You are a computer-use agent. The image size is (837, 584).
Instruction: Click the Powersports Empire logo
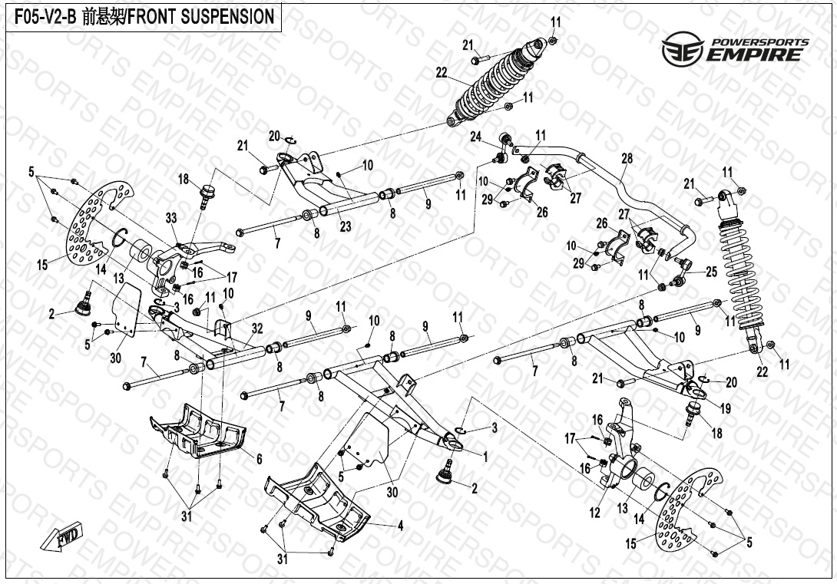(x=736, y=49)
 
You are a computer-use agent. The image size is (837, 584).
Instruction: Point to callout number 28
(x=627, y=158)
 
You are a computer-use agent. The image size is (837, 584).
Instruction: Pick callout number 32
(x=257, y=328)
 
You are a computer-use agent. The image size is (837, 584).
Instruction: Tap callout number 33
(x=170, y=217)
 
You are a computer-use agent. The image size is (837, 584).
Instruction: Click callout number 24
(x=476, y=138)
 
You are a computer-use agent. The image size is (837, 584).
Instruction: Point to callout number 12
(x=594, y=513)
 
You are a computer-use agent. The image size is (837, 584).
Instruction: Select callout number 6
(x=259, y=458)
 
